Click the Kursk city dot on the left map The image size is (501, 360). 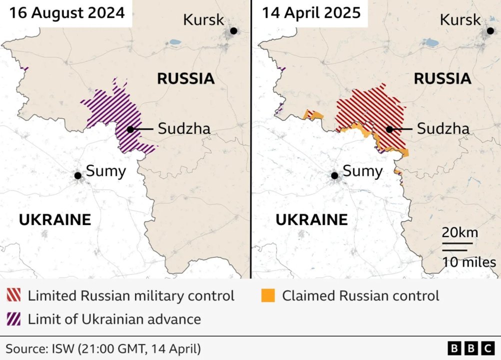click(x=233, y=31)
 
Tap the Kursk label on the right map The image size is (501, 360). click(x=460, y=20)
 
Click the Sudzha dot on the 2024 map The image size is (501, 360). click(x=130, y=129)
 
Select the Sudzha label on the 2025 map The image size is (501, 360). click(x=443, y=129)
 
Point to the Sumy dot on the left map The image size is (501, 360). click(x=78, y=175)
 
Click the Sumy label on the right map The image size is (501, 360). click(x=362, y=171)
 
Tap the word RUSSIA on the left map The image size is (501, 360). click(x=185, y=78)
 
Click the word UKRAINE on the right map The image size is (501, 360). click(x=311, y=219)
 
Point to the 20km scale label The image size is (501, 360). click(x=459, y=233)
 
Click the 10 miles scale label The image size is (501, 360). click(x=468, y=262)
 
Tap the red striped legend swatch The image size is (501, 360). click(x=14, y=295)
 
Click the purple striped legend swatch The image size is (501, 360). click(x=14, y=319)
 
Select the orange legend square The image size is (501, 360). click(x=268, y=295)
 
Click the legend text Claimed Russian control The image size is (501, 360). click(x=360, y=295)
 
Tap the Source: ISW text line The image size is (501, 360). click(x=103, y=348)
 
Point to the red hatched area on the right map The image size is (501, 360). click(x=370, y=107)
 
